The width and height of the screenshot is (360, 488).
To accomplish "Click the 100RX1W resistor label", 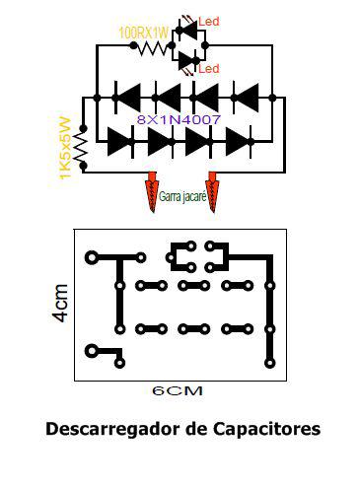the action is tap(143, 34).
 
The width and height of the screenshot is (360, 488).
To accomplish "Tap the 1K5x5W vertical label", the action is tap(65, 148).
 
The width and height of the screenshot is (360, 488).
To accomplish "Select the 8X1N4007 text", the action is tap(179, 119).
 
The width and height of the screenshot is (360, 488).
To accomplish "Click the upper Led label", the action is tap(208, 22).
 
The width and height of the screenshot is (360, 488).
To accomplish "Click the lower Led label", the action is tap(208, 68).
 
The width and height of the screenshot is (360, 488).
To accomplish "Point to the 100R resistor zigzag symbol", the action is tap(153, 48).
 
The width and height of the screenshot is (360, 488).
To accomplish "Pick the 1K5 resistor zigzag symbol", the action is tap(81, 147).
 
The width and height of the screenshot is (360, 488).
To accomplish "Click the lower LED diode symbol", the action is tap(188, 61).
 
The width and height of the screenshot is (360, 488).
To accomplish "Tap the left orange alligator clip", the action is tap(152, 191).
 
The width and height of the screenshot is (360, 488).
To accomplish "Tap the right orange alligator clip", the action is tap(212, 191).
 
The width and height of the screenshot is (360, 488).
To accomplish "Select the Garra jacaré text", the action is tap(182, 196).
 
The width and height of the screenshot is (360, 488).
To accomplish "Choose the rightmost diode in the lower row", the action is tap(240, 142).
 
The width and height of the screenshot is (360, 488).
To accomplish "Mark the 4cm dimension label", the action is tap(61, 303).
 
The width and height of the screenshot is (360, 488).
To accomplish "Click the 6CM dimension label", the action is tap(178, 390).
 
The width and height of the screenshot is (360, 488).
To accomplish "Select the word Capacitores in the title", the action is tap(266, 429).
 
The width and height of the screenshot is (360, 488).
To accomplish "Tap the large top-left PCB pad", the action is tap(92, 257).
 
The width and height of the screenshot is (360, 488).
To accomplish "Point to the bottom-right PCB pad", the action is tap(269, 363).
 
